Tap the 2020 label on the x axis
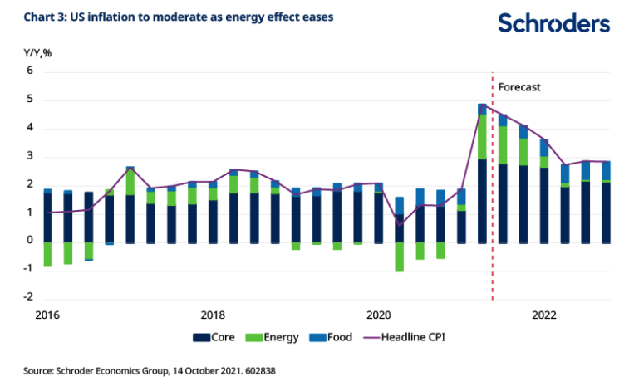(378, 315)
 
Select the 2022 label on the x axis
(544, 315)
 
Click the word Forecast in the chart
(519, 86)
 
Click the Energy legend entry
(277, 337)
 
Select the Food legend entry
(332, 337)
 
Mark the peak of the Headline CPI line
(482, 106)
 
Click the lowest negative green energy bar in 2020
(399, 257)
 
